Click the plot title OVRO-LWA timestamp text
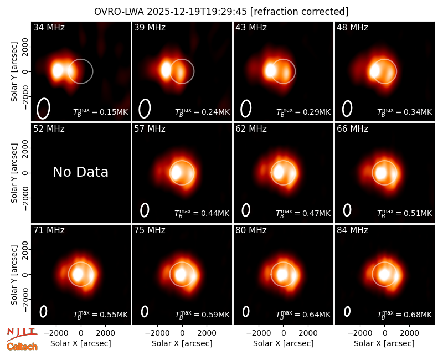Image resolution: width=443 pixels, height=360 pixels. pos(221,12)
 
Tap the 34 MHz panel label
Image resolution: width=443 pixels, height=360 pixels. pos(49,27)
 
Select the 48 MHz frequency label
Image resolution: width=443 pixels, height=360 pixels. pos(352,27)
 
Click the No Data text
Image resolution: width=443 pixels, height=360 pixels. pos(80,172)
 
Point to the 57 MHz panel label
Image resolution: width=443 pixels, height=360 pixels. pos(150,129)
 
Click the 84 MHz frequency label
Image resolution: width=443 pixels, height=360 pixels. pos(352,230)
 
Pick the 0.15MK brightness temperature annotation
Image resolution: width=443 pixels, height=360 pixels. pos(101,112)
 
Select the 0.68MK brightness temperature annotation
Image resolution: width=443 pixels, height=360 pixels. pos(405,314)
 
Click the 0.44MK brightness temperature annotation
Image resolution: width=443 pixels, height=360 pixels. pos(202,213)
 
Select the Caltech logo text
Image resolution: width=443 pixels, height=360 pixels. pos(22,347)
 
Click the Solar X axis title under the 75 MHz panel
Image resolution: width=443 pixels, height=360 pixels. pos(182,343)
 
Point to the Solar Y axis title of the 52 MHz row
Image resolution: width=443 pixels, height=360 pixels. pos(14,173)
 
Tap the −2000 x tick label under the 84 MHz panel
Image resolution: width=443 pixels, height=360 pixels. pos(359,333)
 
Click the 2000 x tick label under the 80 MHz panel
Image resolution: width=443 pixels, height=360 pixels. pos(308,333)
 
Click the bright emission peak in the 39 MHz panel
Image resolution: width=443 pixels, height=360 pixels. pos(166,70)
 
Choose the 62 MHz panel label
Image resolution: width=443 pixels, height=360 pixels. pos(251,129)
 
